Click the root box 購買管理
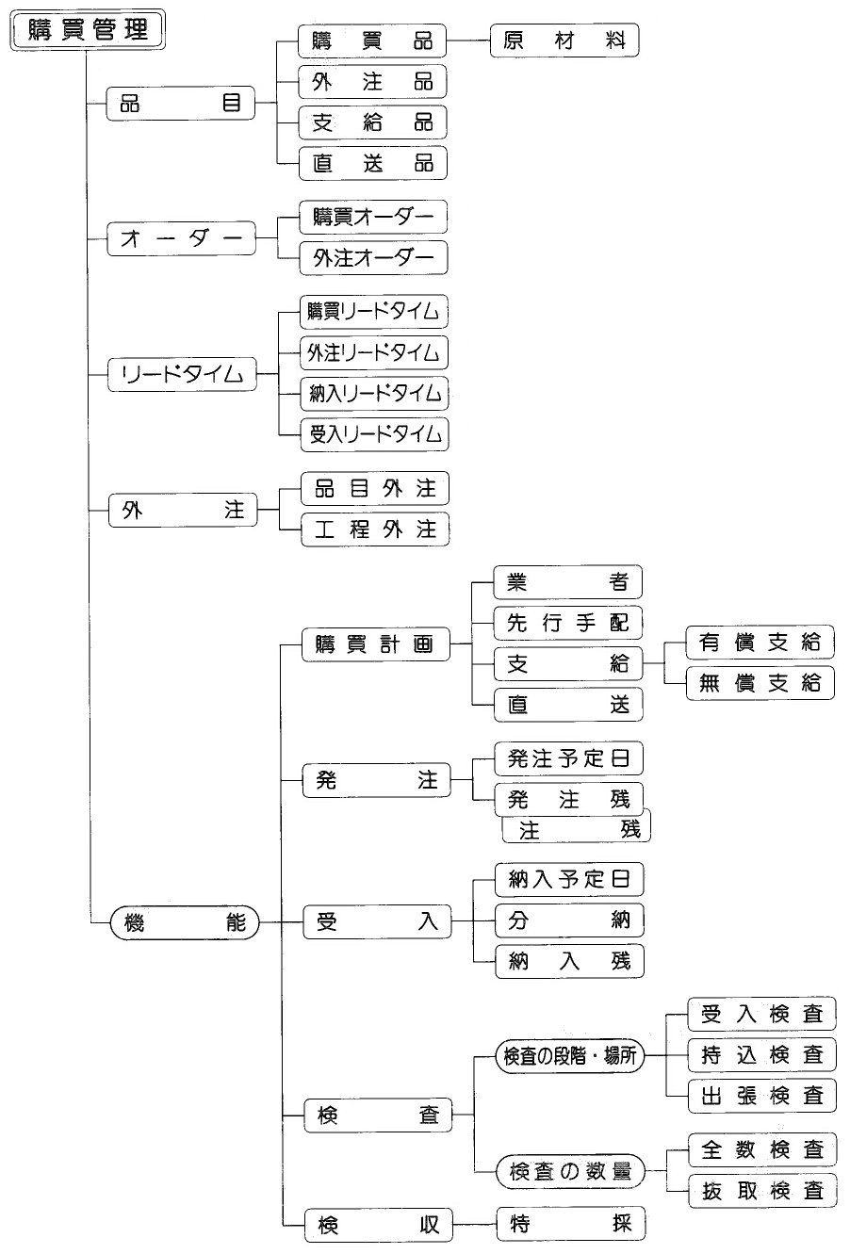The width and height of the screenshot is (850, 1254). point(88,29)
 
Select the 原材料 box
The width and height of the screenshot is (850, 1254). point(564,41)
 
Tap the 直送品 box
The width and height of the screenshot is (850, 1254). point(373,164)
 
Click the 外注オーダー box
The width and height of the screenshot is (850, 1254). point(373,257)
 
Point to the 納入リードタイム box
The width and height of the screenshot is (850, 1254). point(374,394)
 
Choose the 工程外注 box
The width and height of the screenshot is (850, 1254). point(375,529)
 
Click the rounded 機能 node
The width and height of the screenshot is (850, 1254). point(185,922)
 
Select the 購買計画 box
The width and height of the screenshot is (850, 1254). point(376,644)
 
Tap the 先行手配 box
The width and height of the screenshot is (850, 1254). point(568,623)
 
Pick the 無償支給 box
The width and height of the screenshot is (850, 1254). point(760,683)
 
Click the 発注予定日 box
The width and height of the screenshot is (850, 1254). point(568,758)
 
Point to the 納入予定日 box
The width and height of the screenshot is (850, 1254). point(569,879)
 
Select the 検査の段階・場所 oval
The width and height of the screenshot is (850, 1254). point(570,1056)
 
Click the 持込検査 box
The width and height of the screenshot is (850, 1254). point(761,1054)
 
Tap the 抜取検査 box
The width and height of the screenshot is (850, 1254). point(762,1191)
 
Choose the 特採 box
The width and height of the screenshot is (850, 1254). point(571,1224)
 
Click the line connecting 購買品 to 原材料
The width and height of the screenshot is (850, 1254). point(468,41)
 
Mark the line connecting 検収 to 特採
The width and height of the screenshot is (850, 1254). point(475,1224)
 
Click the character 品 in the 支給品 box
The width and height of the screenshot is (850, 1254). point(423,122)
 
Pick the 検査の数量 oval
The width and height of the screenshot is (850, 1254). point(570,1171)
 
